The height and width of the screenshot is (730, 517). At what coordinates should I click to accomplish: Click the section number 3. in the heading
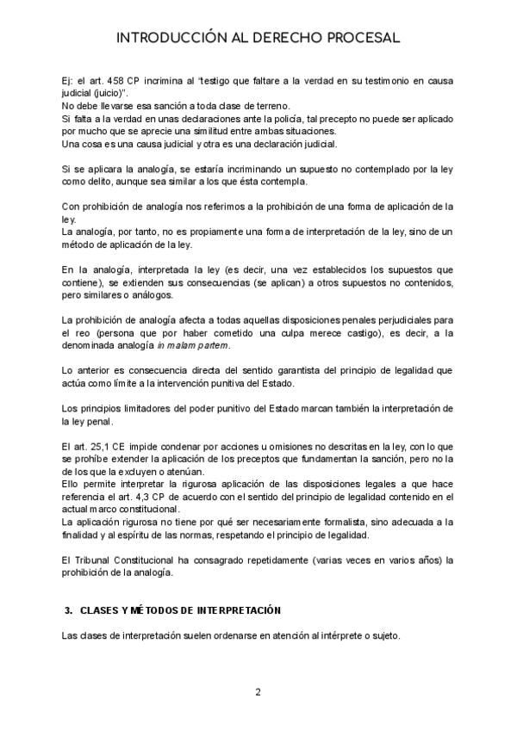click(68, 609)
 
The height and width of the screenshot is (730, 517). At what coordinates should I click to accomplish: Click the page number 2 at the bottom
click(258, 692)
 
